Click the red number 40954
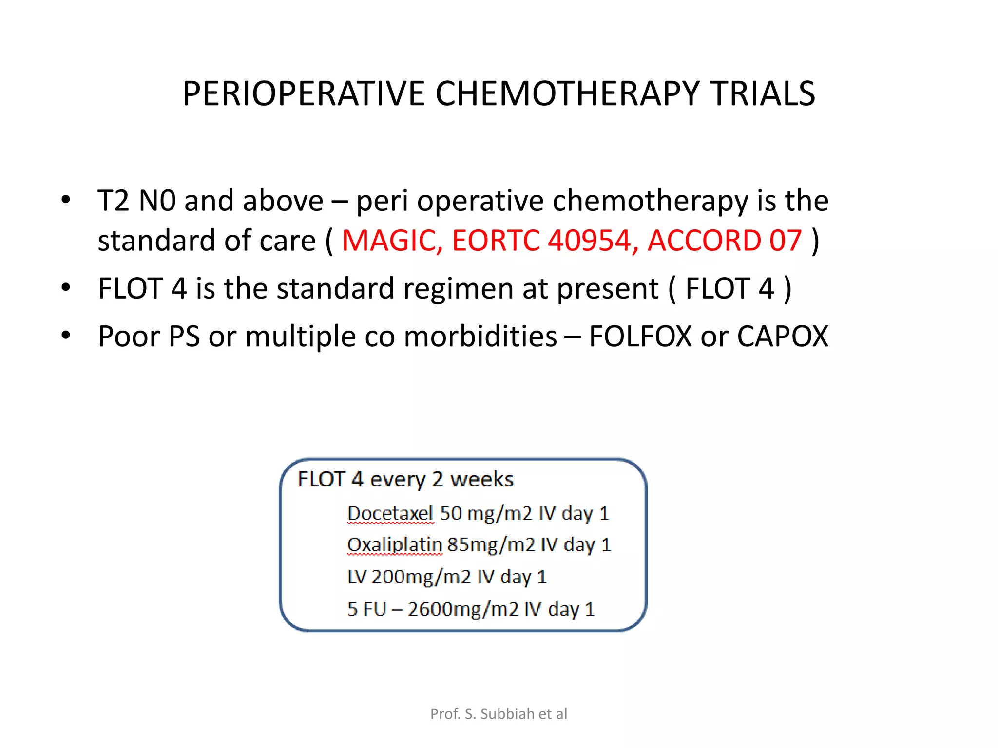589,241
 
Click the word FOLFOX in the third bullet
640,336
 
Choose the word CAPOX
782,336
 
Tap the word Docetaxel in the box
390,513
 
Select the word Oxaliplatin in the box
394,545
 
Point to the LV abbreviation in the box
357,577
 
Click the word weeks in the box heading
481,480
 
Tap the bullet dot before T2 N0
66,200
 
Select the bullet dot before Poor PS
66,336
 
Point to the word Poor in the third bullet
129,336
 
